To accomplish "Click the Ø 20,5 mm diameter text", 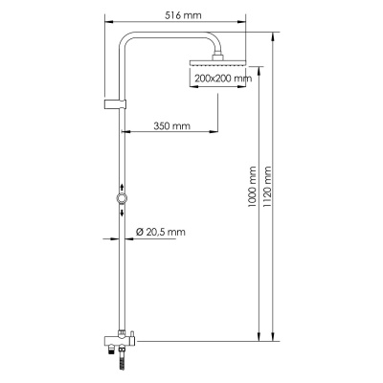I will pos(160,232).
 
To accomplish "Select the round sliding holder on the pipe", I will pos(121,199).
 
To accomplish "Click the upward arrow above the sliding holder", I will pos(121,188).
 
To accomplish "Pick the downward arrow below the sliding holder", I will pos(121,211).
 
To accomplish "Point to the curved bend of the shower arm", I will pos(132,42).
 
